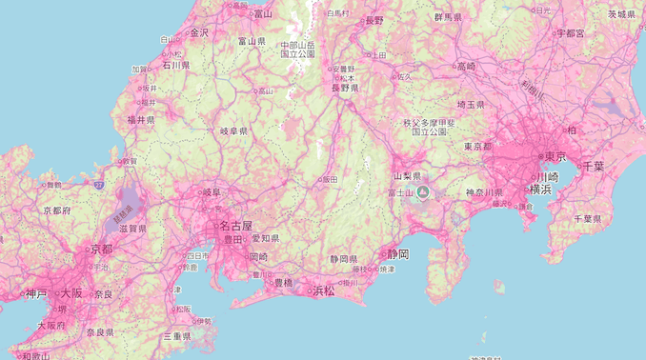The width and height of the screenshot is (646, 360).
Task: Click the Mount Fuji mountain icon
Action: tap(423, 191)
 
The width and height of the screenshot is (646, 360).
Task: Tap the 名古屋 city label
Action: tap(235, 227)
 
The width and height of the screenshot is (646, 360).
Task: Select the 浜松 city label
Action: tap(324, 290)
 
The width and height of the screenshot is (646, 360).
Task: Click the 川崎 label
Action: tap(547, 176)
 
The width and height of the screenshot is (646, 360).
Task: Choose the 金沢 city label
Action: tap(198, 32)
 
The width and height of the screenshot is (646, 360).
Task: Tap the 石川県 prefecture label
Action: tap(175, 66)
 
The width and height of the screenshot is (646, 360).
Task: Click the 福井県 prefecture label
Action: tap(141, 120)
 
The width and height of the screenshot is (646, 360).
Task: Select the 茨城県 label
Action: tap(621, 14)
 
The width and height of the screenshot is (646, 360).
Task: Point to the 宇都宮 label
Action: tap(570, 32)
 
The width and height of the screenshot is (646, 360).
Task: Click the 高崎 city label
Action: tap(466, 66)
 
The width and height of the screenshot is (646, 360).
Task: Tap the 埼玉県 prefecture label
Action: tap(471, 104)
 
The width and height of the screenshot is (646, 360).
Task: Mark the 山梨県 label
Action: tap(407, 176)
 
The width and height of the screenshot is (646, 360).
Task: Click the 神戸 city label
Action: tap(36, 293)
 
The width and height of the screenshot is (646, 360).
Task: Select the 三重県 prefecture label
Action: tap(176, 336)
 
